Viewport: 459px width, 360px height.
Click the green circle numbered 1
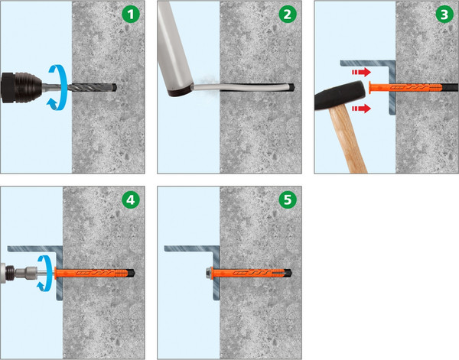click(x=131, y=14)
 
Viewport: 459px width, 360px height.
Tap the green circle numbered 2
click(x=288, y=14)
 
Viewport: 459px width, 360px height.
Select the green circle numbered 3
click(x=444, y=14)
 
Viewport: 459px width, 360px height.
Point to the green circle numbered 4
click(x=131, y=200)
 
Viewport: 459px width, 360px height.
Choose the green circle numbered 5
click(x=288, y=200)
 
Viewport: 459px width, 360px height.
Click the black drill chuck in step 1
click(x=22, y=87)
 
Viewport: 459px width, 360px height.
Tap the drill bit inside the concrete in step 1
click(x=94, y=87)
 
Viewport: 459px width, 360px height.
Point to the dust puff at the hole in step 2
click(x=207, y=82)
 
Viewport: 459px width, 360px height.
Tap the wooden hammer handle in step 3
click(x=348, y=139)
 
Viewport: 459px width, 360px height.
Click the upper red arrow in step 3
click(x=361, y=72)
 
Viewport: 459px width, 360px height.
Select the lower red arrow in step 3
click(x=361, y=109)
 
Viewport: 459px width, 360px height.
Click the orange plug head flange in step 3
click(x=370, y=87)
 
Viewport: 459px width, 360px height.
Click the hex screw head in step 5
click(x=209, y=273)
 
